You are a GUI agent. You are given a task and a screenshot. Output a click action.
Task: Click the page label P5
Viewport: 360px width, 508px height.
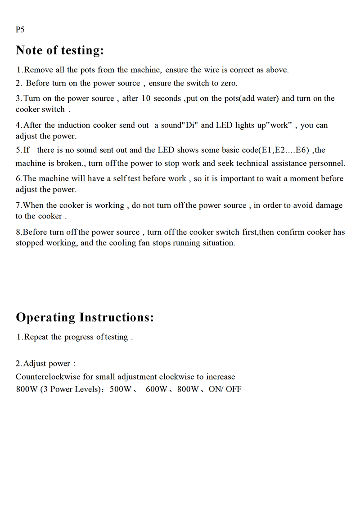(20, 30)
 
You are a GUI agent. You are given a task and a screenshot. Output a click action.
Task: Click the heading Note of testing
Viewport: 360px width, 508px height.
(60, 50)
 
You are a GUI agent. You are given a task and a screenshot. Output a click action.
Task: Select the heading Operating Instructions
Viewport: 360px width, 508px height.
(85, 317)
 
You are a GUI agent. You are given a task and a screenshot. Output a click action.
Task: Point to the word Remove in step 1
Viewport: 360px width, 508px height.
(39, 70)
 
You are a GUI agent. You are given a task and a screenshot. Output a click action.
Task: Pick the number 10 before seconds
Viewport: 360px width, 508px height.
(146, 98)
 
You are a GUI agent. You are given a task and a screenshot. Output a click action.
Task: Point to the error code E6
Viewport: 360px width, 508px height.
(301, 150)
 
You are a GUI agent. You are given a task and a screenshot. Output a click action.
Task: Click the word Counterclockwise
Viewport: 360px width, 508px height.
(48, 377)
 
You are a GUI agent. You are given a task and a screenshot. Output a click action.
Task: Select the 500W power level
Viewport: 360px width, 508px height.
(120, 389)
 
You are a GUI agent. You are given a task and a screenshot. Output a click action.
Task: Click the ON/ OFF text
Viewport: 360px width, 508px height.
(225, 389)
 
